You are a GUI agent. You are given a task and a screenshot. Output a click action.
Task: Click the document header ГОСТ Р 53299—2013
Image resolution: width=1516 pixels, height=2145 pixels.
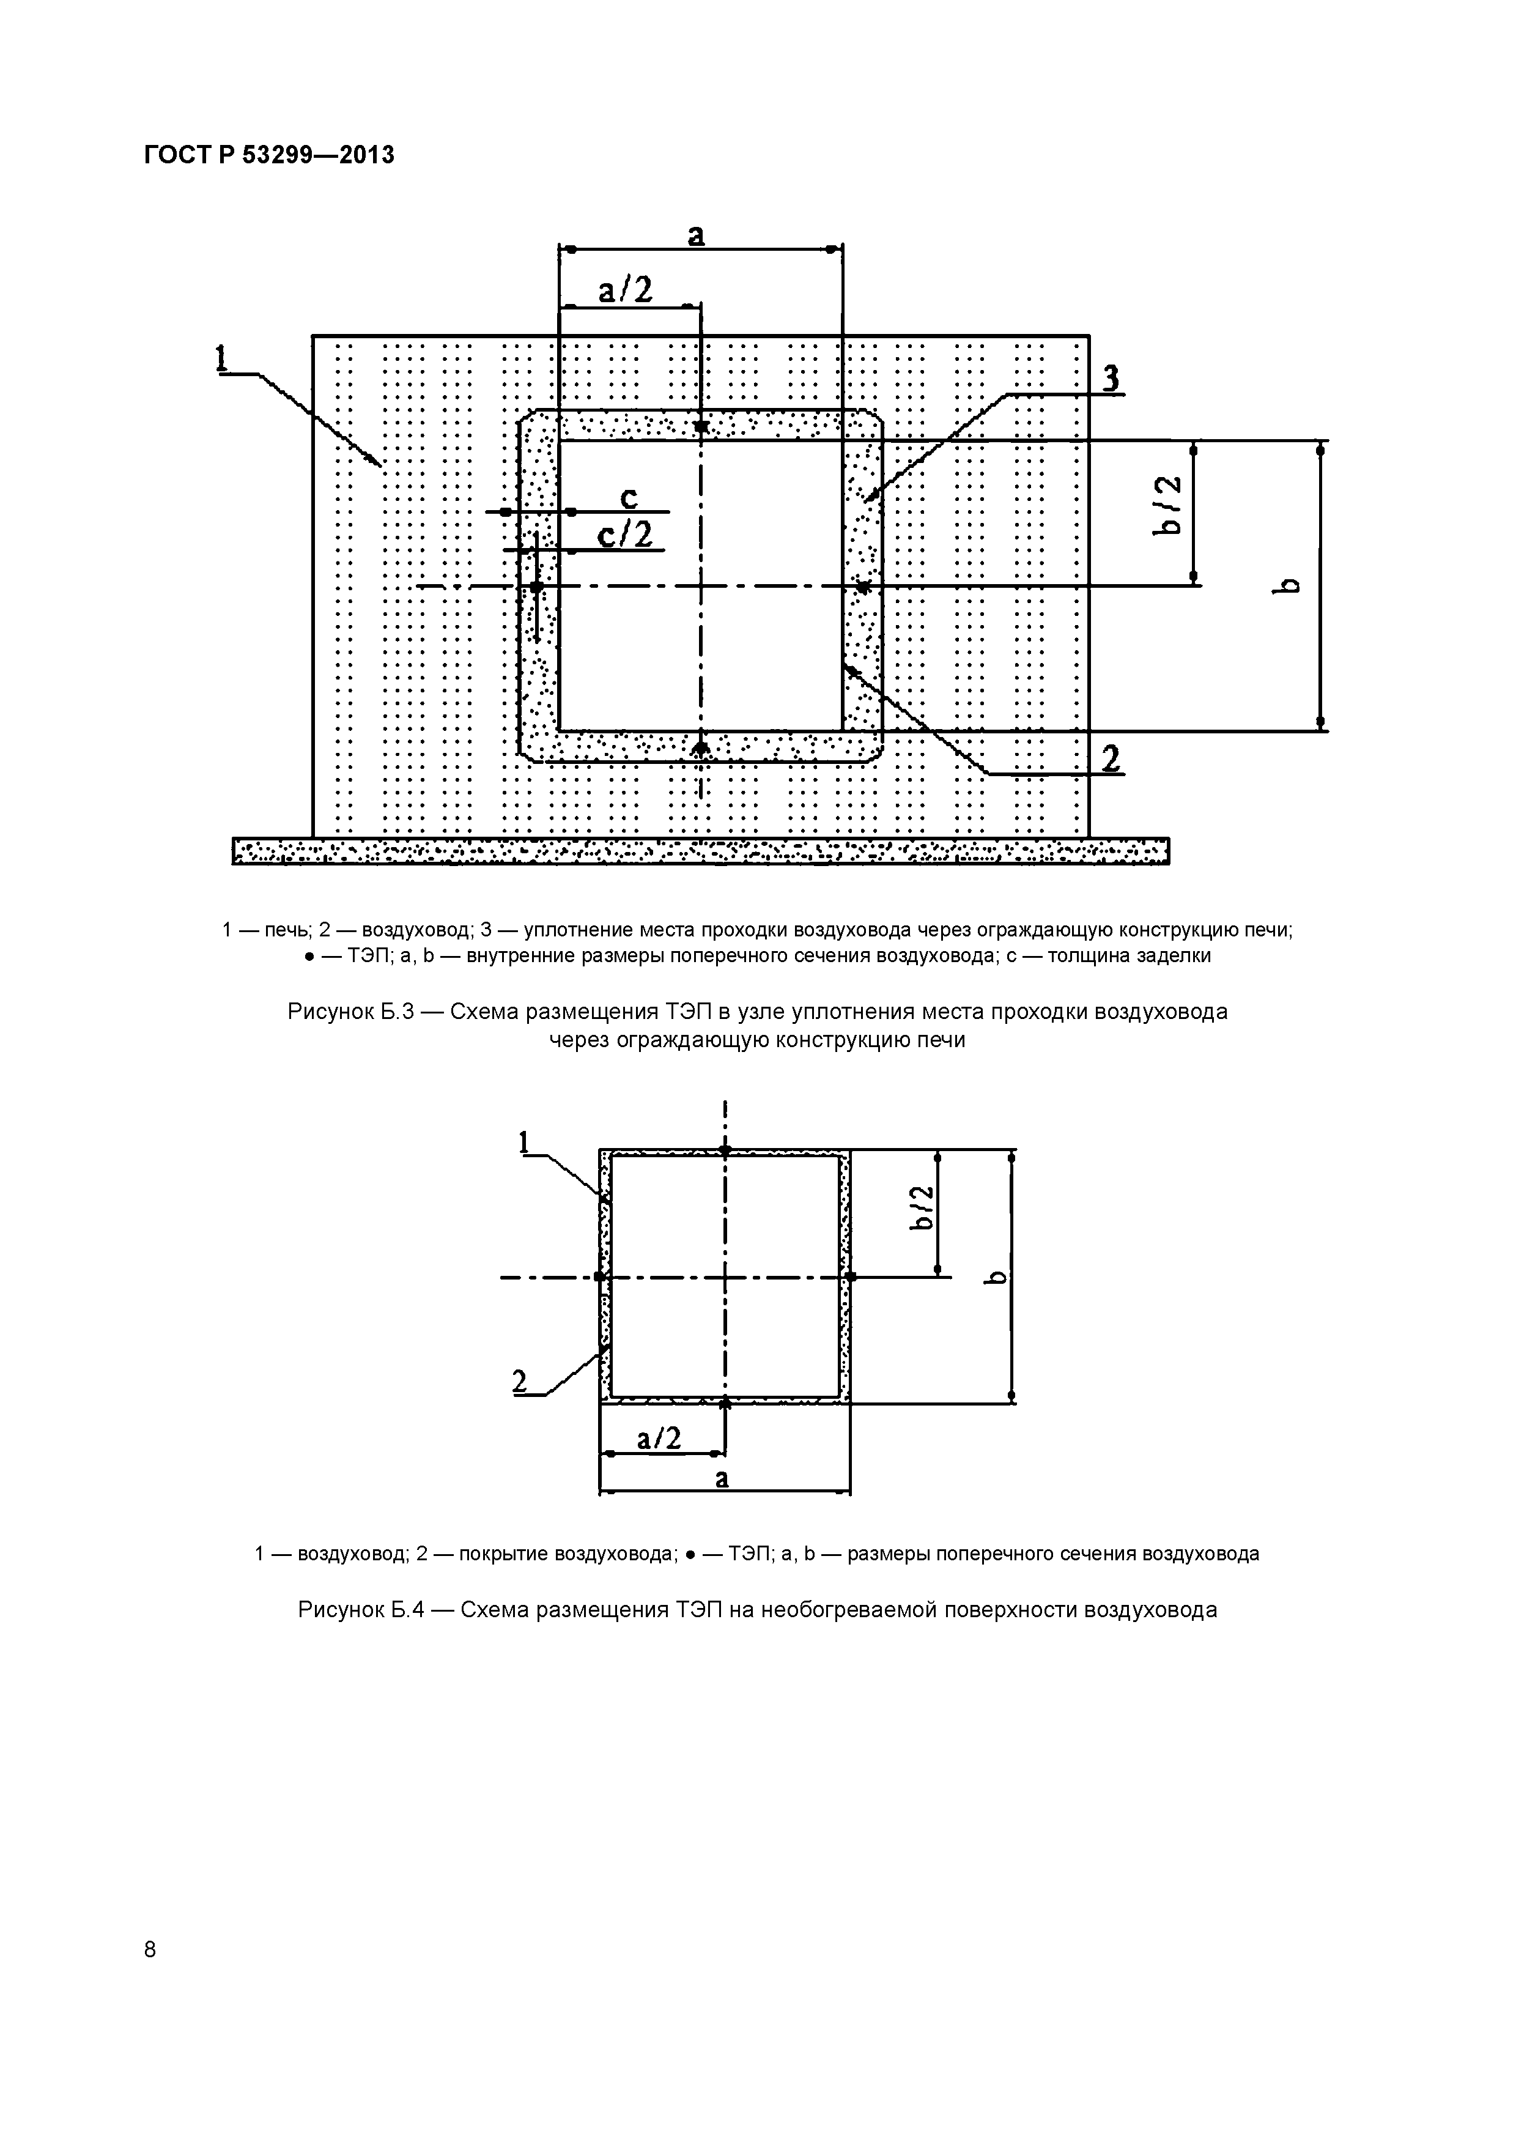click(269, 155)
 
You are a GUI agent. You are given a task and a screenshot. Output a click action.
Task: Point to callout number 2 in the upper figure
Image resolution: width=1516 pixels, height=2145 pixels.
click(1110, 758)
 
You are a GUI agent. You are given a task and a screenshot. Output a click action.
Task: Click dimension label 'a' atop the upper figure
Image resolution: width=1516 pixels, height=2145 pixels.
click(696, 235)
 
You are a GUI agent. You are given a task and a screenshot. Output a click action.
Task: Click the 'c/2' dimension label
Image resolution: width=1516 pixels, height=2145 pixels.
click(625, 535)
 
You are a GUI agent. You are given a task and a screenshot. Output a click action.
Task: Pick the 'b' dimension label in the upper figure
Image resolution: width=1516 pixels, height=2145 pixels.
click(1289, 586)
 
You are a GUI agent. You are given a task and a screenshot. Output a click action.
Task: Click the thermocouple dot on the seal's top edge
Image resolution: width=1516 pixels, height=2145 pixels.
click(701, 426)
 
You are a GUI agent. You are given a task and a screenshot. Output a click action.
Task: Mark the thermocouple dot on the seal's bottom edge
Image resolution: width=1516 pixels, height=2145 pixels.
click(701, 748)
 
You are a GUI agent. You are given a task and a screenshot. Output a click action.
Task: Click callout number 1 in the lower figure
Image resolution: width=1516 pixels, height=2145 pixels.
click(524, 1142)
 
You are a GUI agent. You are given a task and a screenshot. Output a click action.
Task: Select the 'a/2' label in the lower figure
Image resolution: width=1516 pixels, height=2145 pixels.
click(659, 1439)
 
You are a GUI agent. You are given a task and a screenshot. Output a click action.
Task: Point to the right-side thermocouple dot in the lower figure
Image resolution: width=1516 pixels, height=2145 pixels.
click(850, 1276)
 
